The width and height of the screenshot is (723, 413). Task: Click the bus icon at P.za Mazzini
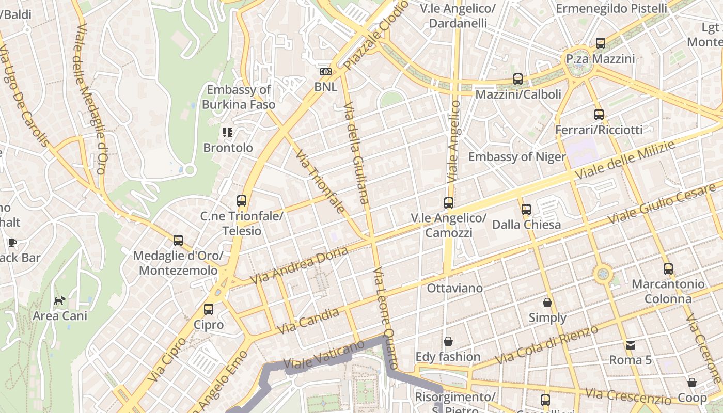(600, 43)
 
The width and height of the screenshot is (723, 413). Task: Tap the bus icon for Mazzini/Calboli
(518, 79)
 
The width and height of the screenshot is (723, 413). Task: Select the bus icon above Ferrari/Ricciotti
(599, 115)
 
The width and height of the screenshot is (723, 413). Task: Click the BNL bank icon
(326, 72)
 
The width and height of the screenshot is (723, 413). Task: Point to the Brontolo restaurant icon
(228, 133)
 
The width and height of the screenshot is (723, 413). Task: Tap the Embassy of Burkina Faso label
(238, 97)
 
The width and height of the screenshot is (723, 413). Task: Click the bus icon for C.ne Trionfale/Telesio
(241, 201)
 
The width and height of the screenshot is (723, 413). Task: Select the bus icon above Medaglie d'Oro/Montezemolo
(178, 240)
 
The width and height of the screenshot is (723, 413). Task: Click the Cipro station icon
(209, 309)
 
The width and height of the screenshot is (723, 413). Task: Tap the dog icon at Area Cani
(60, 300)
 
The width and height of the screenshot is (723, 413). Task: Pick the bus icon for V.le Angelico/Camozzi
(449, 203)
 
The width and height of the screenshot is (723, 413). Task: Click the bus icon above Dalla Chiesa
(526, 209)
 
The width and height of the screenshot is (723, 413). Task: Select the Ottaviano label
(454, 288)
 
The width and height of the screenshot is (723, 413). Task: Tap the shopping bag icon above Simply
(547, 303)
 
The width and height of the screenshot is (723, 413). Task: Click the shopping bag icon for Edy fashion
(448, 341)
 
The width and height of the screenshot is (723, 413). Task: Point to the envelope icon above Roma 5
(631, 345)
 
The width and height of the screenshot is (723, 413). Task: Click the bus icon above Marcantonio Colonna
(668, 268)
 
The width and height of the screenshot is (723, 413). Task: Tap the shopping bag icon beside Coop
(691, 383)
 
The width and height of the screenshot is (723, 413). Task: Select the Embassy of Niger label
(517, 157)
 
